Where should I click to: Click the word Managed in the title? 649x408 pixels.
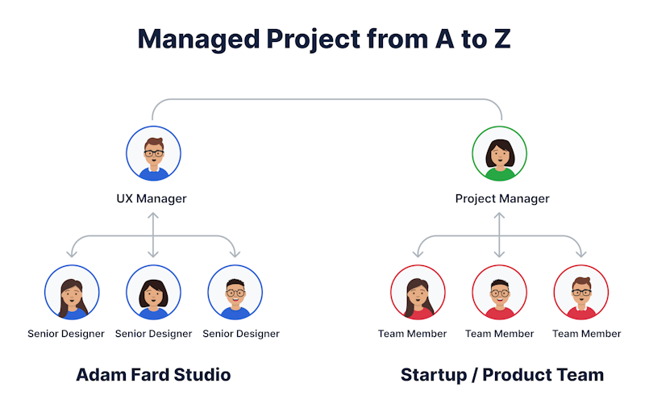point(198,40)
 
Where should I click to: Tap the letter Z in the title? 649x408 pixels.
point(501,39)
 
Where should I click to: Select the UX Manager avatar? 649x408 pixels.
point(153,153)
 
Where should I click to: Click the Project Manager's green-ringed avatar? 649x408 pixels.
point(500,153)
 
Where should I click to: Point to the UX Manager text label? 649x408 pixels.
point(152,198)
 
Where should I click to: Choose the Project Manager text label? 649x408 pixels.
point(502,198)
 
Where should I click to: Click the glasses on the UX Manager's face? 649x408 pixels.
point(153,153)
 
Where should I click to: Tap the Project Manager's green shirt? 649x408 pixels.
point(500,174)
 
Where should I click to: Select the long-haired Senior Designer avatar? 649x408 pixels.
point(72,293)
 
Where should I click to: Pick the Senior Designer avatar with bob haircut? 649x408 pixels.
point(153,293)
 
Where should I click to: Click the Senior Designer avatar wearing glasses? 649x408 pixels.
point(235,293)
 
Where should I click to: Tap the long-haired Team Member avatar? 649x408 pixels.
point(418,293)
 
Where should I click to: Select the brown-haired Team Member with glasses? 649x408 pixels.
point(581,293)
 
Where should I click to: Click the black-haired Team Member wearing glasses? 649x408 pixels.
point(500,293)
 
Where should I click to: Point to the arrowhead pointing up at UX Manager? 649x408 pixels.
point(153,215)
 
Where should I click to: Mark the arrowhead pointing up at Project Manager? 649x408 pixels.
point(499,215)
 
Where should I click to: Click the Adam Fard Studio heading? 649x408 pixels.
point(153,375)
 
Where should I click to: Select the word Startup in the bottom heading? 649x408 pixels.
point(434,375)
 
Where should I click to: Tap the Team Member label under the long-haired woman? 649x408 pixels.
point(412,334)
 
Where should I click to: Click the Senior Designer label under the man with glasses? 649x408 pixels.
point(241,334)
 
